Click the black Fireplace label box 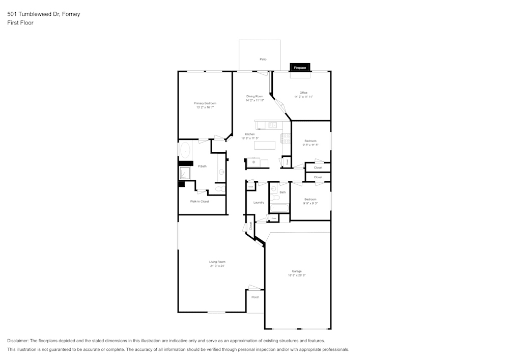(300, 67)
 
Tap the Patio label (263, 60)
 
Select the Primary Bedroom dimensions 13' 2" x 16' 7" (205, 107)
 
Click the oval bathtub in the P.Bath (185, 151)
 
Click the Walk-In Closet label (200, 202)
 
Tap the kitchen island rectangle (265, 145)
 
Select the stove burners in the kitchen (285, 137)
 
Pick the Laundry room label (259, 203)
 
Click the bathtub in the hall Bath (279, 208)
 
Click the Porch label (256, 297)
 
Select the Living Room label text (217, 262)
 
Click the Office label (303, 93)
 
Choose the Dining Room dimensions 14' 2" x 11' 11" (254, 100)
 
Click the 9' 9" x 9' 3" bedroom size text (310, 203)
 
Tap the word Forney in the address (71, 14)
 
